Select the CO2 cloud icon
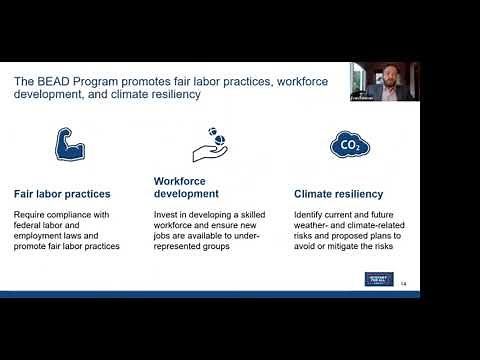click(349, 146)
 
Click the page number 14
click(403, 284)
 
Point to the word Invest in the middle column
click(167, 215)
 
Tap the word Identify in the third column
click(312, 215)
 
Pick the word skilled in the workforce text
click(250, 215)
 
